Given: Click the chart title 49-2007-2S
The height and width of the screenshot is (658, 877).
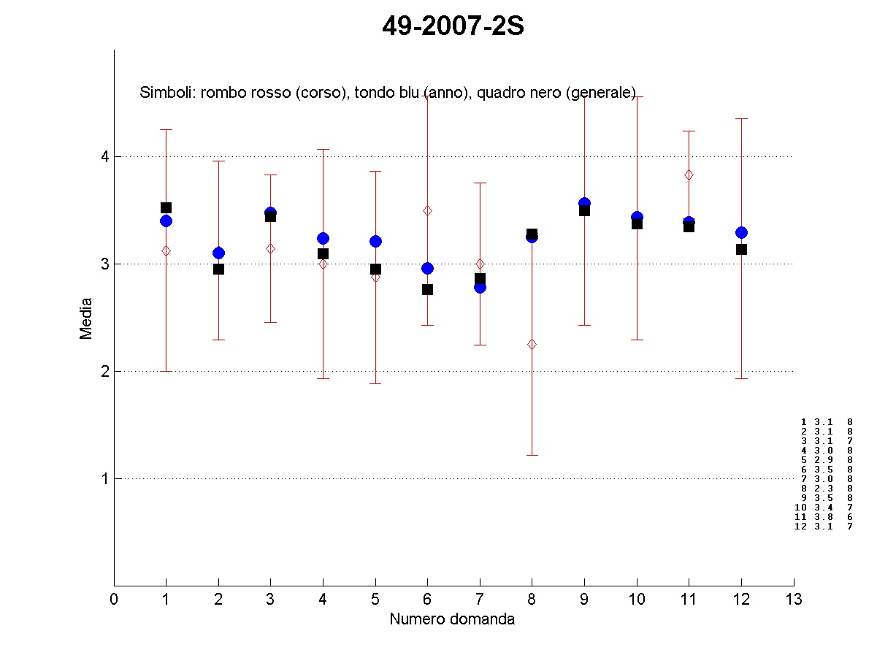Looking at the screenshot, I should click(x=453, y=27).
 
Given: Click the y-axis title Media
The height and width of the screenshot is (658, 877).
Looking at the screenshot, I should click(x=86, y=318).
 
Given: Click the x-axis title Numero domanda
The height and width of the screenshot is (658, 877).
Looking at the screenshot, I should click(x=452, y=619).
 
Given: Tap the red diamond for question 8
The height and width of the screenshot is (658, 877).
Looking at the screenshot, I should click(x=532, y=344).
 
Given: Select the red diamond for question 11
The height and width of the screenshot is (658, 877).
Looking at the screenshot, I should click(x=689, y=175).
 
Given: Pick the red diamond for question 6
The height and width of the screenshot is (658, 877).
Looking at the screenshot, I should click(x=427, y=210).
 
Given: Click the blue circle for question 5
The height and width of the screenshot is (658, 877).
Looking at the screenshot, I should click(x=375, y=241).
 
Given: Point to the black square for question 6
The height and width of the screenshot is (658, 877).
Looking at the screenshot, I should click(x=427, y=289).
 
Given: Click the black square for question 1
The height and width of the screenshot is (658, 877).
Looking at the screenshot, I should click(x=166, y=207).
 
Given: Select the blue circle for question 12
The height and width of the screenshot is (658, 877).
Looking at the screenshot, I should click(x=741, y=232).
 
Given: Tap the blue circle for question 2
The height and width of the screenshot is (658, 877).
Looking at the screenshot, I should click(x=218, y=253).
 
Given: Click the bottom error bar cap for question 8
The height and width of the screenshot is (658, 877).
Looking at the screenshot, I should click(x=532, y=455).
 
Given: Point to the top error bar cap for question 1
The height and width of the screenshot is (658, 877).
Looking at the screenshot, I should click(x=166, y=129).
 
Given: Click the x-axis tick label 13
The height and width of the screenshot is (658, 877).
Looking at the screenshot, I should click(x=794, y=600).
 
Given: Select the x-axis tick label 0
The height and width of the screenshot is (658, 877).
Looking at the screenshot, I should click(x=114, y=600).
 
